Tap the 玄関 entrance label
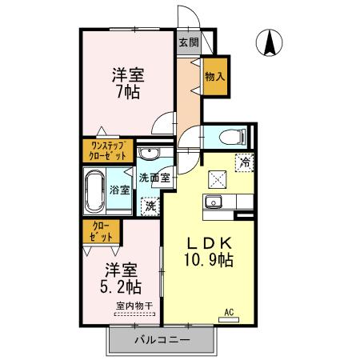point(188,42)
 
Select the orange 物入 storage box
point(214,77)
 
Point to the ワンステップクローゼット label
point(106,150)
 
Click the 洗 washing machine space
point(148,206)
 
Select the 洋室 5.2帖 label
point(120,278)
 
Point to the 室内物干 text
point(134,305)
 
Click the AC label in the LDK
point(228,311)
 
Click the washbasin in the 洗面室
point(148,154)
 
